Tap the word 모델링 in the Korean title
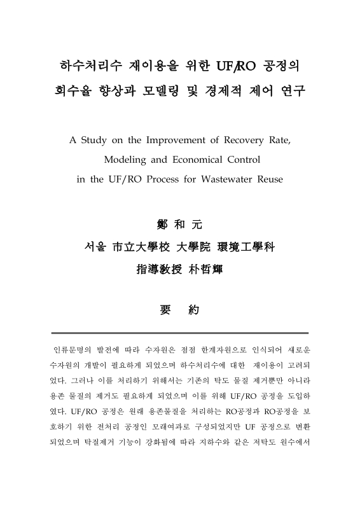[171, 92]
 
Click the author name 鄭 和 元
[180, 225]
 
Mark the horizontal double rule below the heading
[180, 332]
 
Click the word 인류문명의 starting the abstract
[71, 351]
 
